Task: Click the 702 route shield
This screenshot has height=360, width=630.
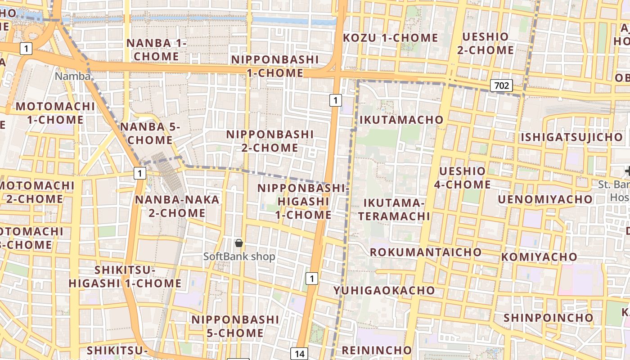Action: pyautogui.click(x=501, y=85)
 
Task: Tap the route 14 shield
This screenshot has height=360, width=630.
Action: pyautogui.click(x=299, y=354)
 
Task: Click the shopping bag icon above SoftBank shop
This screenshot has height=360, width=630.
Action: pyautogui.click(x=239, y=243)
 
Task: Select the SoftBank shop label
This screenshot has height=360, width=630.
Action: pyautogui.click(x=239, y=256)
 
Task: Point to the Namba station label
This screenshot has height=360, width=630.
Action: pyautogui.click(x=72, y=76)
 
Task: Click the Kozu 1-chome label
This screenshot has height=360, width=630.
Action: pyautogui.click(x=390, y=38)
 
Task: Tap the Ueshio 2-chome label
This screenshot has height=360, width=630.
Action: pyautogui.click(x=485, y=43)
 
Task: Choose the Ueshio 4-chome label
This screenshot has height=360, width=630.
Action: pyautogui.click(x=462, y=178)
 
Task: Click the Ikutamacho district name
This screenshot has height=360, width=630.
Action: pyautogui.click(x=401, y=120)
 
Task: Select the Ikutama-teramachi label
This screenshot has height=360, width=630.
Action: pyautogui.click(x=394, y=209)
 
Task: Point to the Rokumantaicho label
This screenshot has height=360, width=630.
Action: pyautogui.click(x=425, y=252)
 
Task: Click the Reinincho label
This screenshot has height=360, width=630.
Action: pyautogui.click(x=377, y=350)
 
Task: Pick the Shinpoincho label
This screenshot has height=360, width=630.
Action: pyautogui.click(x=548, y=318)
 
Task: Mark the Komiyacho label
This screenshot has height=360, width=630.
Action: pyautogui.click(x=533, y=257)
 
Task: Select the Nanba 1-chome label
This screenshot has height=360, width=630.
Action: pyautogui.click(x=156, y=49)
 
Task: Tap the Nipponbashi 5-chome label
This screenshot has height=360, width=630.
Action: pyautogui.click(x=235, y=326)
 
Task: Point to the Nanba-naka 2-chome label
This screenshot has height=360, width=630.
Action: pyautogui.click(x=177, y=206)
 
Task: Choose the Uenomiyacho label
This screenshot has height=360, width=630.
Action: pyautogui.click(x=545, y=199)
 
